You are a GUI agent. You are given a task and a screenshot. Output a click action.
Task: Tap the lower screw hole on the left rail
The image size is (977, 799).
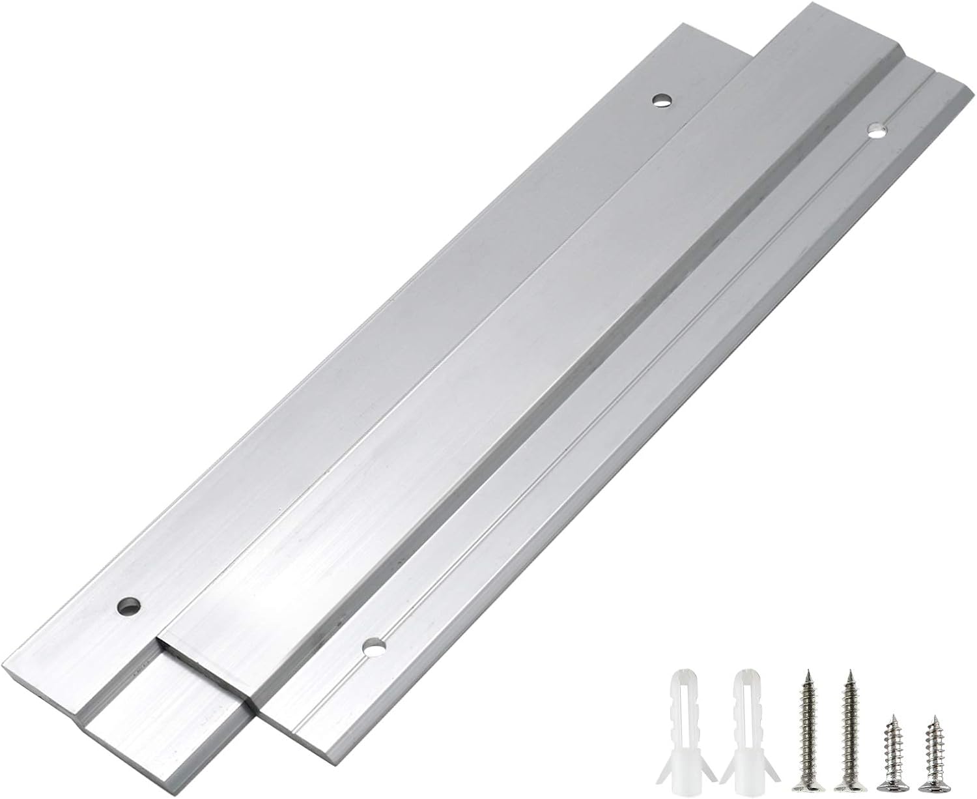click(x=128, y=606)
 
